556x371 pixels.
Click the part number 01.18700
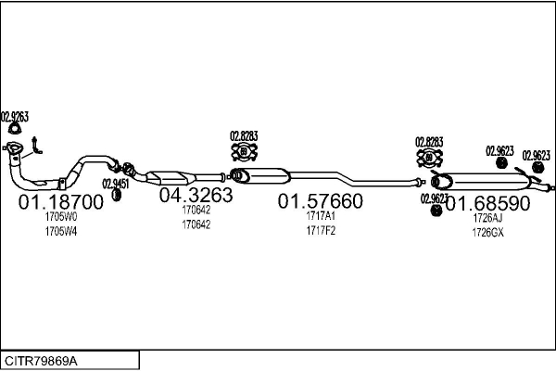click(x=61, y=201)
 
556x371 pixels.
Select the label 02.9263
click(x=15, y=117)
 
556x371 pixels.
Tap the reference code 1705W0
click(x=61, y=216)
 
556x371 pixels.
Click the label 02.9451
click(x=116, y=183)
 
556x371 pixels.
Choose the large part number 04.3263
click(x=196, y=196)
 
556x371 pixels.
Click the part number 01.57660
click(x=321, y=201)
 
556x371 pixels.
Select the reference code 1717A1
click(x=321, y=216)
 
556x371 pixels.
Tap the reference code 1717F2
click(x=321, y=230)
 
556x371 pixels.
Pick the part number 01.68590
click(x=487, y=201)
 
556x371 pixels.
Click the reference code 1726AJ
click(x=487, y=218)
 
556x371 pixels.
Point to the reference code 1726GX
click(x=487, y=232)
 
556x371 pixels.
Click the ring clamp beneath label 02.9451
click(x=118, y=195)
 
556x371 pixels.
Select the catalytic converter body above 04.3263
click(x=171, y=176)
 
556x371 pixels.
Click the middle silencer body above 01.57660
click(x=266, y=175)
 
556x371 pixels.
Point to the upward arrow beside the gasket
click(x=35, y=143)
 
